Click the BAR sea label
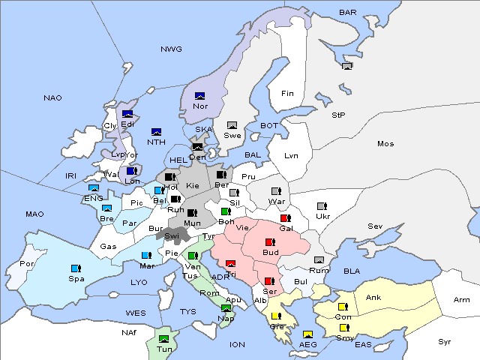[x=348, y=13]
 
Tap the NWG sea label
[x=171, y=49]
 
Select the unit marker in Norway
[x=200, y=96]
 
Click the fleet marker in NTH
[x=157, y=132]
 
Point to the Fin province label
[x=287, y=94]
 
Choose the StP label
[x=338, y=115]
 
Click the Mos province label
[x=385, y=143]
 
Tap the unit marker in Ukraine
[x=322, y=206]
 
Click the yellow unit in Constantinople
[x=343, y=307]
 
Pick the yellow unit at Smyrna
[x=344, y=328]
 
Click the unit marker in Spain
[x=75, y=268]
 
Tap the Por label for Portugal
[x=27, y=264]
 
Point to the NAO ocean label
[x=52, y=98]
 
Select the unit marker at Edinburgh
[x=127, y=114]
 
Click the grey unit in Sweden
[x=232, y=125]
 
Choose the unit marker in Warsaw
[x=275, y=191]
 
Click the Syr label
[x=445, y=341]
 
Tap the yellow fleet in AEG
[x=307, y=334]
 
